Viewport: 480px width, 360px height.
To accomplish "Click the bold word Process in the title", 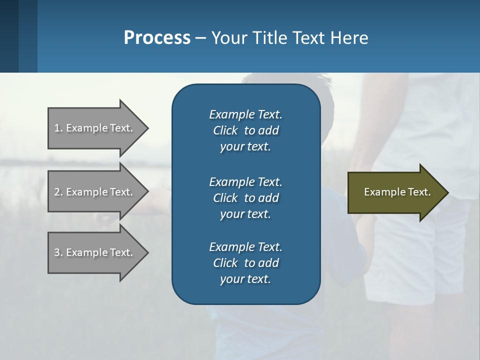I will coord(157,37).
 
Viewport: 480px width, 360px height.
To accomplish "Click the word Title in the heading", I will coord(269,37).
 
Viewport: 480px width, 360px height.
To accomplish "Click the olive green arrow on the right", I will coord(395,192).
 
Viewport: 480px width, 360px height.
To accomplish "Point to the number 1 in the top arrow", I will coord(57,128).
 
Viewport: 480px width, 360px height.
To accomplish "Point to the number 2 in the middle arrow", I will coord(57,192).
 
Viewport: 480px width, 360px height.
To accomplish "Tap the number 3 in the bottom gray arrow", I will coord(57,252).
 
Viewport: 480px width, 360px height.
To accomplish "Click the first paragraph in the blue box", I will coord(245,130).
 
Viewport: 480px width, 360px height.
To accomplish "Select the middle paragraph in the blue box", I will coord(245,197).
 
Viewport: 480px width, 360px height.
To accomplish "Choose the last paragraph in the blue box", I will coord(245,263).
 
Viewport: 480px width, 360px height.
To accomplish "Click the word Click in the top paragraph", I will coord(225,130).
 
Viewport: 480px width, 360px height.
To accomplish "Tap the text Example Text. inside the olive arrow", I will coord(397,192).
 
